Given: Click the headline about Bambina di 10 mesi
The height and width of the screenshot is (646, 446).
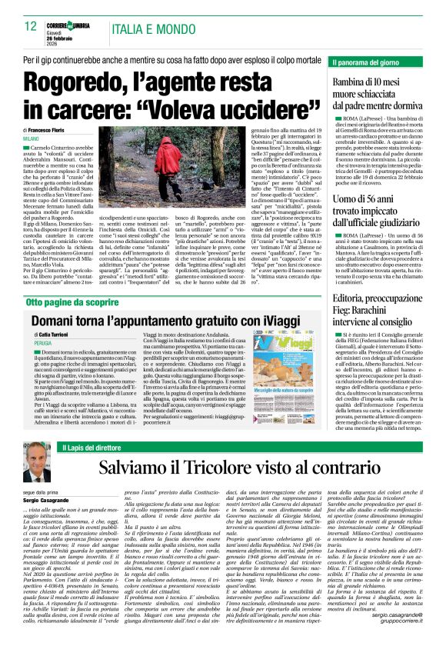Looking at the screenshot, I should pyautogui.click(x=378, y=93).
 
